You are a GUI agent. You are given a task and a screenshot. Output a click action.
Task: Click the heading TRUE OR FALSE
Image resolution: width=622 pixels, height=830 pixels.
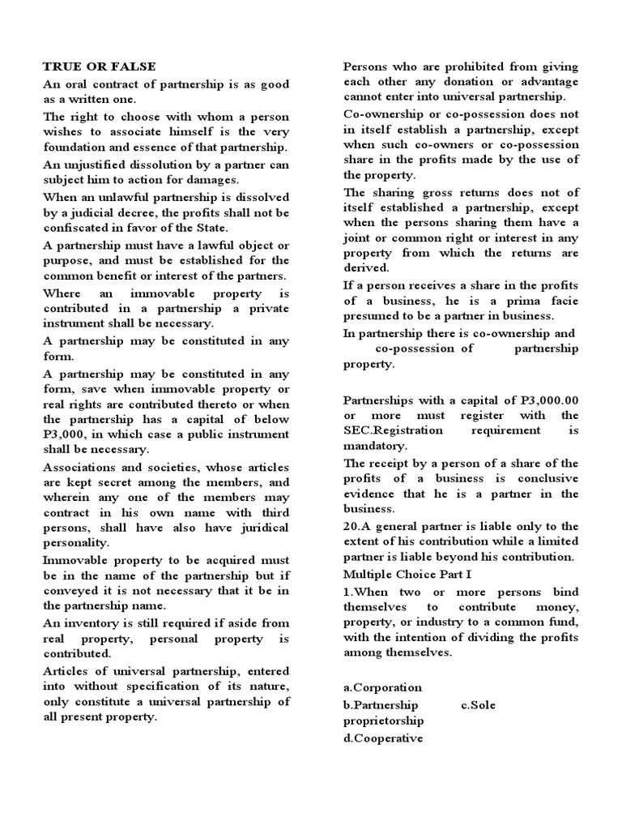(x=100, y=66)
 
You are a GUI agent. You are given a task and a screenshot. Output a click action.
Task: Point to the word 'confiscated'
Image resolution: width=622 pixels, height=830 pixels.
(x=75, y=229)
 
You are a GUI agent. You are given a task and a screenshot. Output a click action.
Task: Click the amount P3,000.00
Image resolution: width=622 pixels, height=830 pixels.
(x=547, y=400)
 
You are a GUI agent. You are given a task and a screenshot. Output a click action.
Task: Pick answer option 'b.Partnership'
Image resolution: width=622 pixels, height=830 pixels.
(x=381, y=704)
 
